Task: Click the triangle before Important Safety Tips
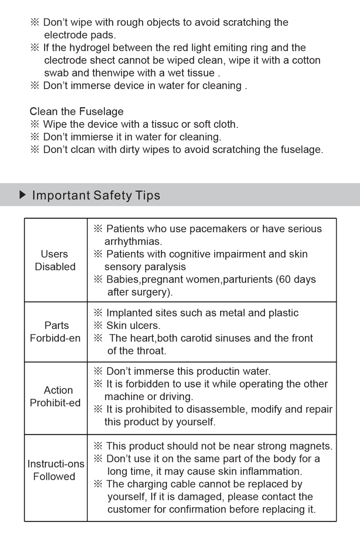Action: coord(22,195)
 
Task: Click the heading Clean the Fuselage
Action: coord(76,111)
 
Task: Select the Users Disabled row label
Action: coord(55,260)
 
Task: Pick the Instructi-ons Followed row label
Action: coord(56,470)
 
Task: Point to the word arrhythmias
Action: coord(133,242)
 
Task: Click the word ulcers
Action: coord(146,325)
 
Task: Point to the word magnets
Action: coord(310,446)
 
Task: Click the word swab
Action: coord(56,73)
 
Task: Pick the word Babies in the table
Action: coord(122,279)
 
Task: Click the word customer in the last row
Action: coord(128,509)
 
